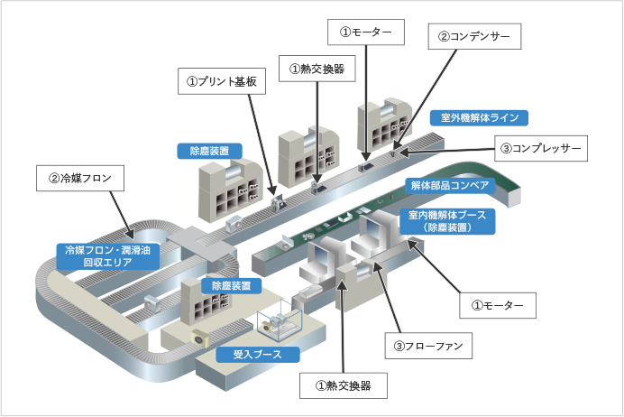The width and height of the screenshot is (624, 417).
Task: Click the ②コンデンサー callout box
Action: click(x=475, y=37)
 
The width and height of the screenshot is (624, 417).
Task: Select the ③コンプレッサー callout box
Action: click(x=542, y=147)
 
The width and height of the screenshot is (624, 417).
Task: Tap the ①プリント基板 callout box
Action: click(x=221, y=81)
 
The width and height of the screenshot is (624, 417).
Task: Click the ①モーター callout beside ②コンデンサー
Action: click(x=366, y=32)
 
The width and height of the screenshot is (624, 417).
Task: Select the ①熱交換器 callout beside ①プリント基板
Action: click(x=317, y=68)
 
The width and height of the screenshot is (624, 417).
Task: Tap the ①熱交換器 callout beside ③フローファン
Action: click(x=344, y=386)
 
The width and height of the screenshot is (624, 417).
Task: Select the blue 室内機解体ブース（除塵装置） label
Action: click(x=447, y=221)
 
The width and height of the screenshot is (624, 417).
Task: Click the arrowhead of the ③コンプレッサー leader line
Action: click(x=395, y=150)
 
